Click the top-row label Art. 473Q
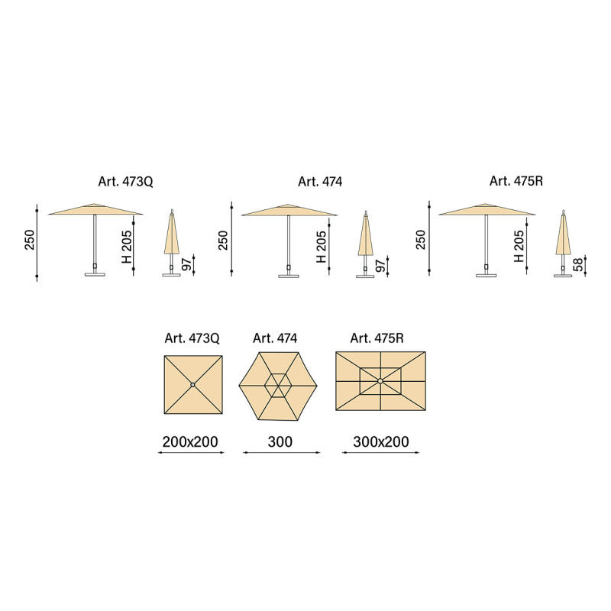[x=125, y=182]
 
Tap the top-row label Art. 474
[x=320, y=182]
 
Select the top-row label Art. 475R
[x=516, y=181]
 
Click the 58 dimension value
[x=579, y=265]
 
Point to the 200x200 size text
[x=190, y=442]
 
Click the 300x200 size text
[x=380, y=442]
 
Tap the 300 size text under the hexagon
[x=280, y=442]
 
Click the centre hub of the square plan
[x=193, y=385]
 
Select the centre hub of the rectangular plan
[x=380, y=380]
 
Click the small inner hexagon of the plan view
[x=278, y=386]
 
